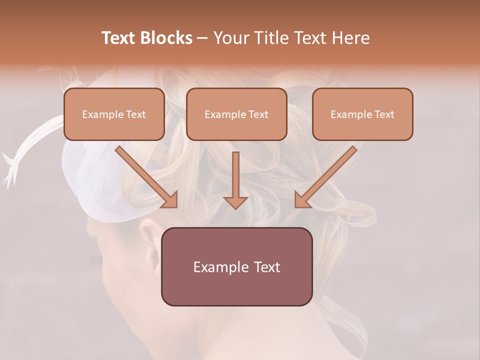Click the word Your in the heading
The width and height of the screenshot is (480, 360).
[x=231, y=38]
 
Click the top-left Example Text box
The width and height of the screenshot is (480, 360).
[x=114, y=114]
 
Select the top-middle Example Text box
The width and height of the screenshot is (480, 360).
[x=236, y=114]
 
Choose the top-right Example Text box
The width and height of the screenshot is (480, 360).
[x=362, y=114]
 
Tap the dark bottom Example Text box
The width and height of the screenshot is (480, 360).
[x=236, y=266]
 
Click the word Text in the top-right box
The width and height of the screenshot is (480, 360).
[x=384, y=114]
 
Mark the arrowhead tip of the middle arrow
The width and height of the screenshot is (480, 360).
[x=235, y=207]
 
